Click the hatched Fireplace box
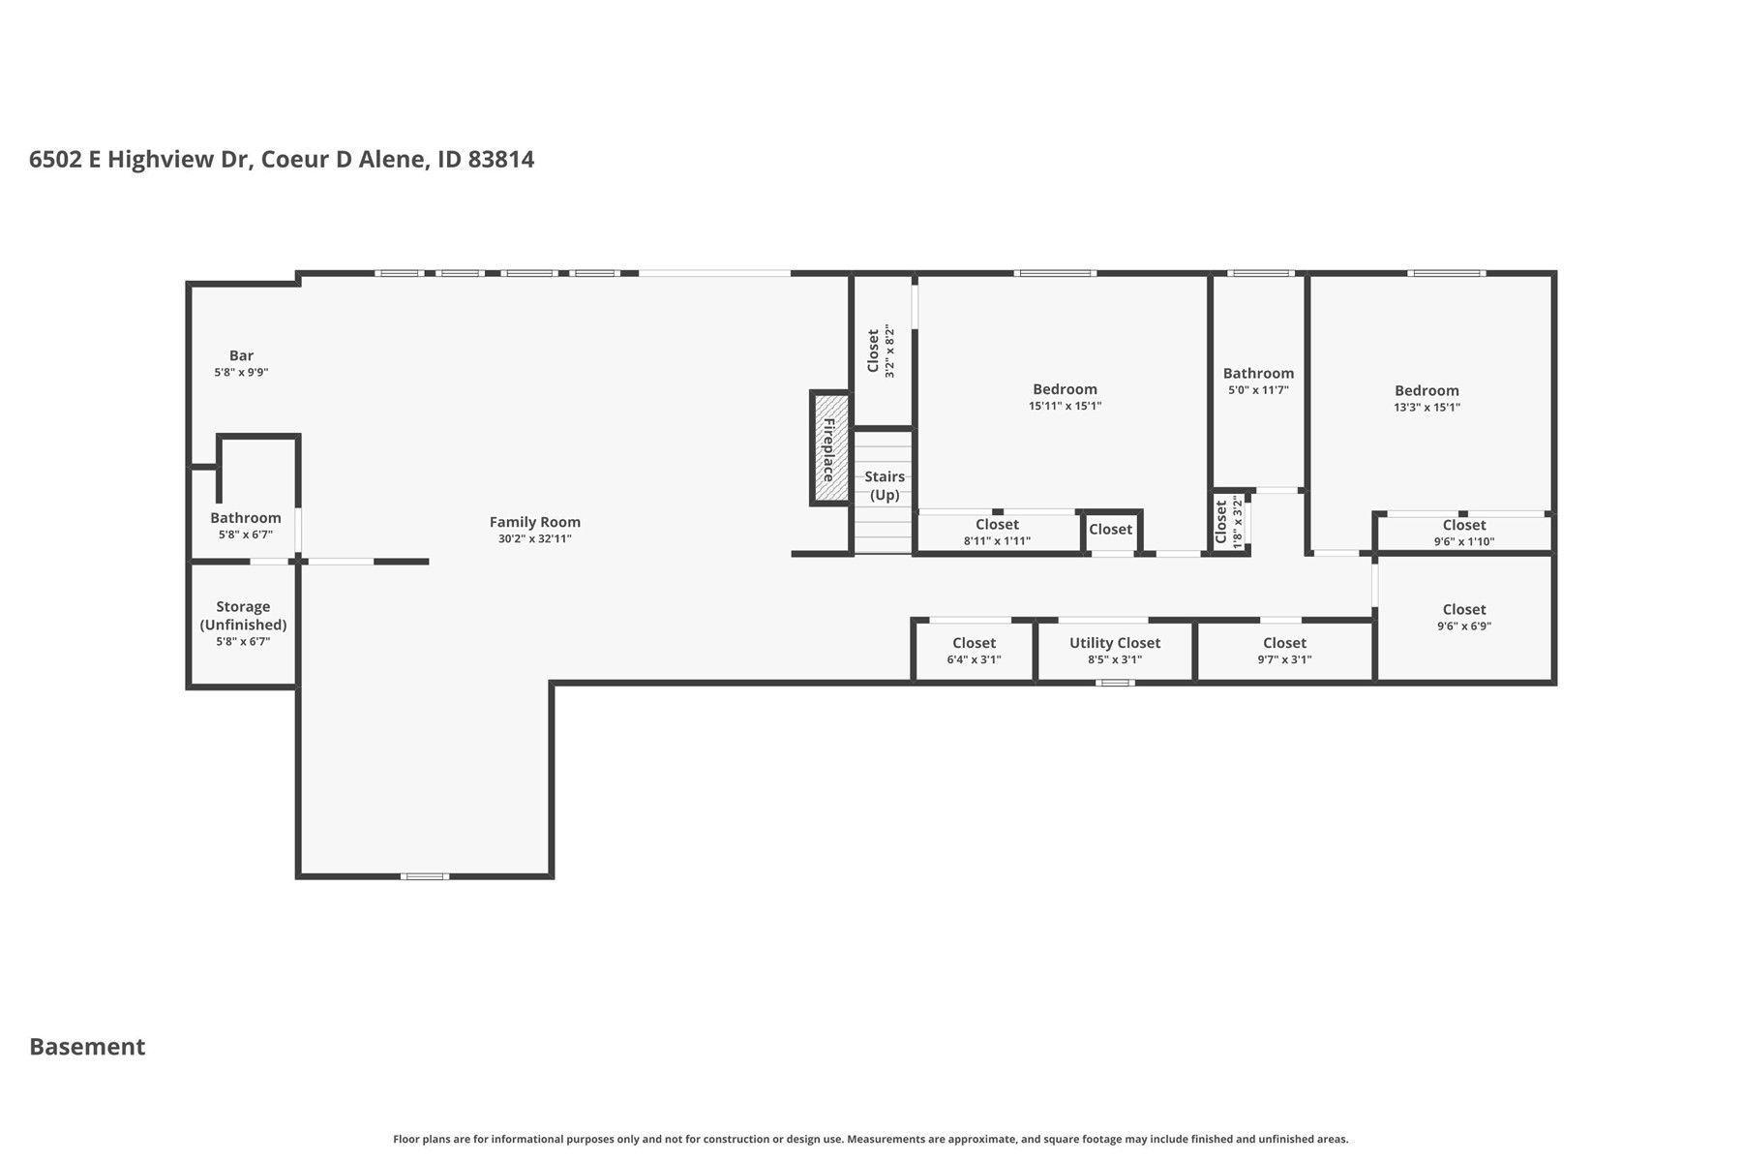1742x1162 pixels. [x=830, y=448]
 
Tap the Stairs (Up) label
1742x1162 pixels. [x=885, y=486]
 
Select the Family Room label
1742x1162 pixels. [x=535, y=522]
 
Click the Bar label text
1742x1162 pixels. [x=241, y=355]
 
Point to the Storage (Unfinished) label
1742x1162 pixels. [x=243, y=616]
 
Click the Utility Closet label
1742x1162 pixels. [x=1115, y=643]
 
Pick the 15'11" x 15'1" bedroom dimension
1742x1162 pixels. [x=1065, y=407]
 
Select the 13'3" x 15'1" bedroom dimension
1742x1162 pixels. [x=1427, y=408]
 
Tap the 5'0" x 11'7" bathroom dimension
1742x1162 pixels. [x=1258, y=390]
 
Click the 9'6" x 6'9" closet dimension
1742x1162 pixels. [x=1463, y=627]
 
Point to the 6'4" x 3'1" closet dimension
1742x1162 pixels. [x=974, y=660]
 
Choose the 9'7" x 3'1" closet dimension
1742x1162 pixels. [x=1284, y=660]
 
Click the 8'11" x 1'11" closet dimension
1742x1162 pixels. [x=997, y=541]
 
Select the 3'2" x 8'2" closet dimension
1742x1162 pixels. [x=890, y=352]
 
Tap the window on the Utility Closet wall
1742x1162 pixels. [x=1115, y=683]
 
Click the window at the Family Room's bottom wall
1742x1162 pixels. [x=425, y=876]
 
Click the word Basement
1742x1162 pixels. [x=87, y=1047]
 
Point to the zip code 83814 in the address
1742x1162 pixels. [x=500, y=160]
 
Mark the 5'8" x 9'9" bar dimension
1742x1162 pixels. [x=241, y=373]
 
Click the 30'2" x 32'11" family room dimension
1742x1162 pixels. [x=535, y=539]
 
